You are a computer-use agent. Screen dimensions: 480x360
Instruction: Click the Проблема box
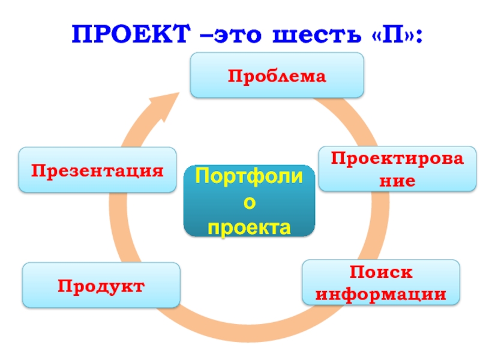click(x=277, y=75)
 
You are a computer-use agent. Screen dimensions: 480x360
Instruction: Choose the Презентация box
click(x=97, y=170)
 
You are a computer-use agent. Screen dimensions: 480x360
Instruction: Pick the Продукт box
click(x=101, y=285)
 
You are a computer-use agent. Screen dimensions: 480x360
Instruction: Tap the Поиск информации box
click(x=381, y=282)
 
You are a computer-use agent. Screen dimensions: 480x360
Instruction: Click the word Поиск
click(x=382, y=272)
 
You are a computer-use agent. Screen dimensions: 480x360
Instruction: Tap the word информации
click(x=381, y=295)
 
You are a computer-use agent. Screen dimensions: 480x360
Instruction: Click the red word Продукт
click(x=101, y=286)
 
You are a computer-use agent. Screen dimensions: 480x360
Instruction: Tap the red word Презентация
click(x=97, y=170)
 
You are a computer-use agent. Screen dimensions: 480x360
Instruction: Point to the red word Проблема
click(x=277, y=76)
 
